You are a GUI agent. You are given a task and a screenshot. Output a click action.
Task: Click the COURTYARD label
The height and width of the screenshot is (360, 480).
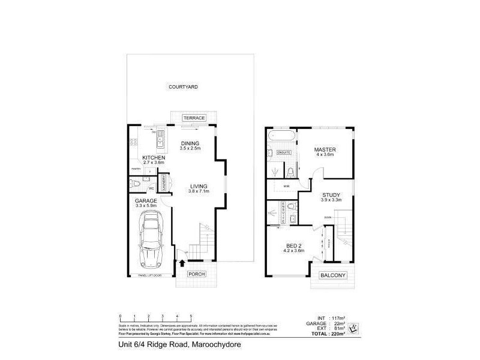(x=184, y=87)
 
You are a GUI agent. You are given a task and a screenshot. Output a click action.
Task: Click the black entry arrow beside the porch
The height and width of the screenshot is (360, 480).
(x=182, y=263)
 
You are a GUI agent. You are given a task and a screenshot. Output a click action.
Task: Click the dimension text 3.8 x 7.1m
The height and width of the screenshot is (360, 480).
(x=197, y=191)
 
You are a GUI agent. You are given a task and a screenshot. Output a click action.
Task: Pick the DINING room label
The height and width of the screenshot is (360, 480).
(x=189, y=143)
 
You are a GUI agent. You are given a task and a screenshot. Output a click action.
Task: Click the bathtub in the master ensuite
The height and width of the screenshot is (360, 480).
(x=281, y=137)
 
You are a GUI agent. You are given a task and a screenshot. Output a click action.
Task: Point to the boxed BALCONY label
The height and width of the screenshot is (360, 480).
(x=332, y=275)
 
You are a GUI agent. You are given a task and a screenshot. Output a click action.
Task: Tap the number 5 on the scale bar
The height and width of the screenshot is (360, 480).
(x=191, y=315)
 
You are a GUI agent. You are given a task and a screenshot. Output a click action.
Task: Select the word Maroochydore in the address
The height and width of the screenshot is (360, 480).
(x=218, y=345)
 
